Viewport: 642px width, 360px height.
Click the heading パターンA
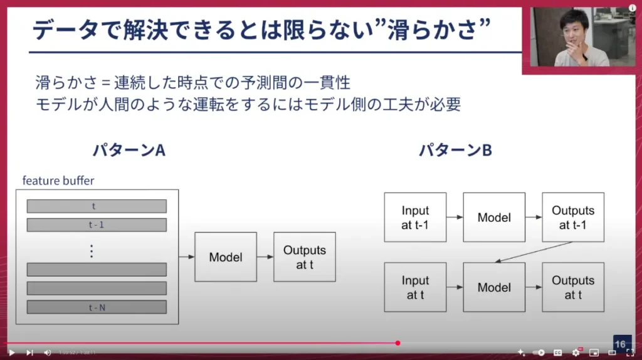click(129, 151)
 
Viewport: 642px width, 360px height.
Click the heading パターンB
click(455, 151)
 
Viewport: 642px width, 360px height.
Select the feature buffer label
click(58, 181)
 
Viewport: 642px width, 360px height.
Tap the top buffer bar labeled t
click(97, 206)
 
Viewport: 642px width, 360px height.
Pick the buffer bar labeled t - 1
click(97, 225)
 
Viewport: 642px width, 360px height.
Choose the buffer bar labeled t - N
click(97, 307)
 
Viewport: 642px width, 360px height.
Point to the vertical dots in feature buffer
click(92, 251)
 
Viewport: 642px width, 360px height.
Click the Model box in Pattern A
click(226, 257)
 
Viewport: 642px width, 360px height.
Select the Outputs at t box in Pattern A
click(305, 257)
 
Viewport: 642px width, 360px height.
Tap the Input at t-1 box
click(415, 218)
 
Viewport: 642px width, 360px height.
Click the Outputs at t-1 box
click(573, 218)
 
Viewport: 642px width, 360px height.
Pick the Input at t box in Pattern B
click(415, 287)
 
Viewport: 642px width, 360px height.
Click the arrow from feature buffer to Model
click(187, 257)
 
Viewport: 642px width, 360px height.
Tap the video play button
click(11, 352)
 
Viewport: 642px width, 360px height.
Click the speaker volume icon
click(48, 352)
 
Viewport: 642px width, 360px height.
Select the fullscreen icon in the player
click(631, 352)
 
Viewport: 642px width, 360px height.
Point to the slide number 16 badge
click(621, 344)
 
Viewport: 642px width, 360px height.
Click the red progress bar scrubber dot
click(397, 343)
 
